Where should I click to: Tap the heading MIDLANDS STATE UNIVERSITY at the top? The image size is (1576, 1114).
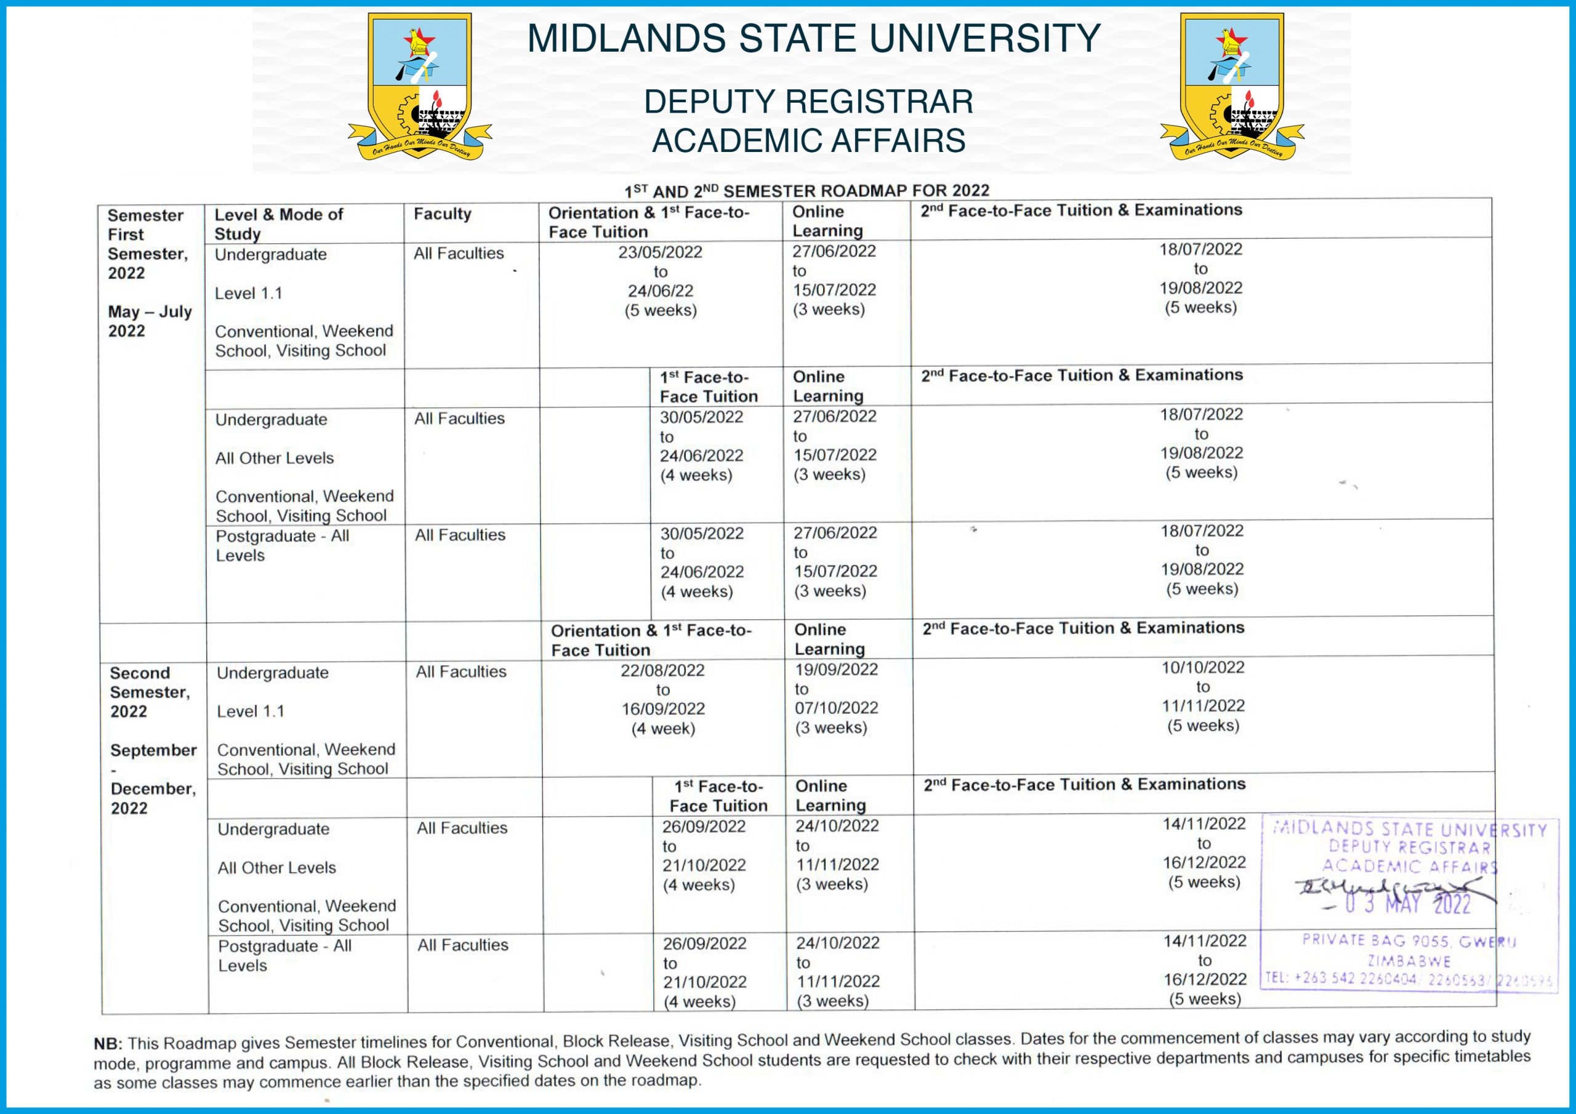click(x=813, y=38)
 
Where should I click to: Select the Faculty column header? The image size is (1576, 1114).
click(x=442, y=214)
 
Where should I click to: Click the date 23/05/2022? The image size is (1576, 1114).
click(x=661, y=252)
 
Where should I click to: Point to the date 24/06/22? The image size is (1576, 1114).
click(x=661, y=291)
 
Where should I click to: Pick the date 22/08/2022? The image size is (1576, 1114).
click(x=662, y=671)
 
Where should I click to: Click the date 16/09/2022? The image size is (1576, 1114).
click(x=663, y=709)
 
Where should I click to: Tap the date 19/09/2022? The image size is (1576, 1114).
click(x=836, y=669)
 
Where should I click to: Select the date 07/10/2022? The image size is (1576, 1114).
click(x=836, y=708)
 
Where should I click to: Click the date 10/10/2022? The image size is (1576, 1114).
click(x=1202, y=667)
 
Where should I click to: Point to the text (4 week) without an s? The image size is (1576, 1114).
click(x=663, y=728)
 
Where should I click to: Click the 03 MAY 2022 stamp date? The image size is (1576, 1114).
click(x=1407, y=904)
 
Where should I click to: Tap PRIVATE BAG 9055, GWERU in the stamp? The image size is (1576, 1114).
click(x=1409, y=940)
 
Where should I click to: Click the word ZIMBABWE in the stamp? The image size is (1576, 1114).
click(x=1409, y=961)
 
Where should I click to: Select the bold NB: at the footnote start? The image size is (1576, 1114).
click(x=108, y=1044)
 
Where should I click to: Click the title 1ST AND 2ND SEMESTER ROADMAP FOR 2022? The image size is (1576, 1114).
click(x=806, y=191)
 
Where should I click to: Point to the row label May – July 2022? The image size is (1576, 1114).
click(x=150, y=321)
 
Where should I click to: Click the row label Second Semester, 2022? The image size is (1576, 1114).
click(x=149, y=692)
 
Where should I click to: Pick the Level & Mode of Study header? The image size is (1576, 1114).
click(x=278, y=224)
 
